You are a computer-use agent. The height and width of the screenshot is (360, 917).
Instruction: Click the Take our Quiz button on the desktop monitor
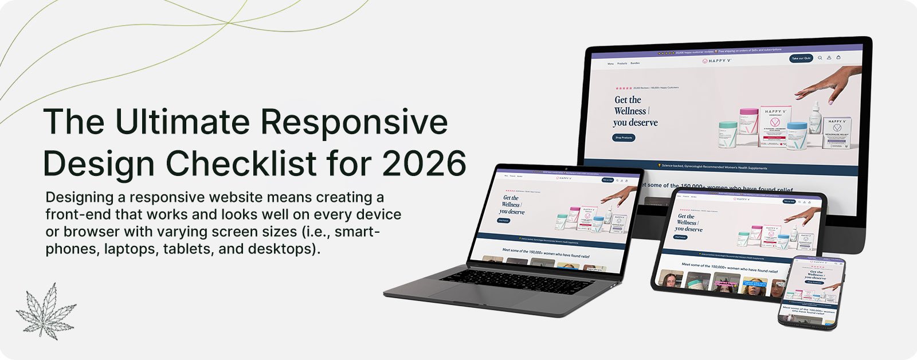(x=801, y=58)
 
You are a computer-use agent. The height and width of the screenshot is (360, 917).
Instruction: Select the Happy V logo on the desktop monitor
(x=717, y=61)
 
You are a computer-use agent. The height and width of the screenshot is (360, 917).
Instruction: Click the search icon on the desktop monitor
(x=820, y=58)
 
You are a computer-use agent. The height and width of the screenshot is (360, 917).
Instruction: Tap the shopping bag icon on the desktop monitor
(x=838, y=57)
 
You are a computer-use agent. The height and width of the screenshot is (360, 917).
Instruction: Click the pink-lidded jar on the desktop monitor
(x=748, y=122)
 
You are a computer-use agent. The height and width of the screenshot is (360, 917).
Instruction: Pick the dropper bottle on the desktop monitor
(x=815, y=117)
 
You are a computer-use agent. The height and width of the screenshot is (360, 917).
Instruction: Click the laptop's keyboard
(x=516, y=281)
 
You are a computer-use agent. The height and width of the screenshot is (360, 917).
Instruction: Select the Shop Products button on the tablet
(x=680, y=237)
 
